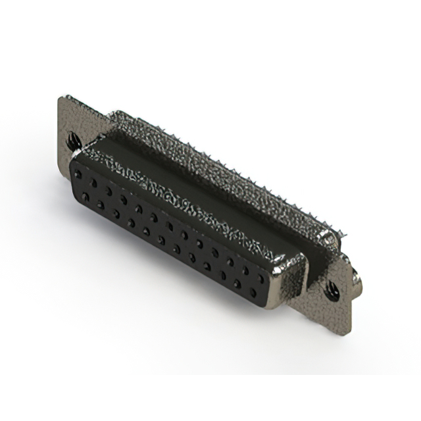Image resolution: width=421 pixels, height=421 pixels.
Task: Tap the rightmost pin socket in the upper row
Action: point(261,278)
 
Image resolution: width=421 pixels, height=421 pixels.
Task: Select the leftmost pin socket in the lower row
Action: point(85,196)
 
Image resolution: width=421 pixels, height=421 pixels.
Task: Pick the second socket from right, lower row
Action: point(236,284)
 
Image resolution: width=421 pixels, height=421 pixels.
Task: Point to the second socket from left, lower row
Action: point(100,205)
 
